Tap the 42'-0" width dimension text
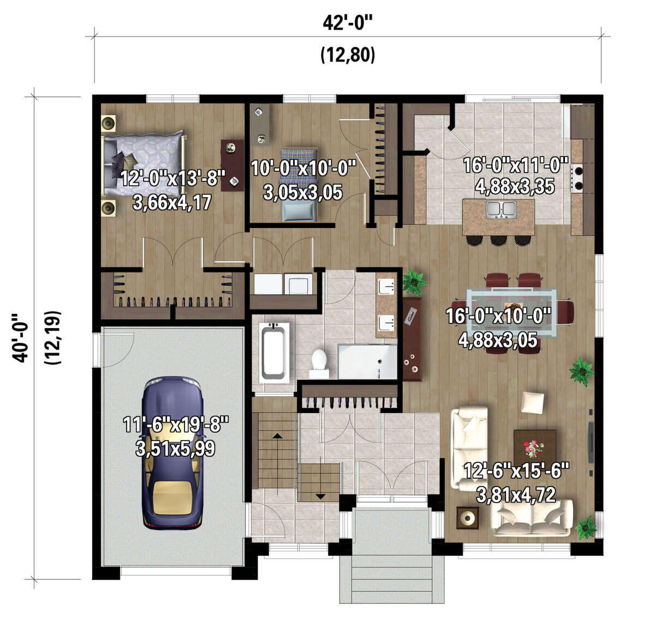347,23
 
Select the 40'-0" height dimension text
20,337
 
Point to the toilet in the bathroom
319,364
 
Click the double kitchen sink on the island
501,209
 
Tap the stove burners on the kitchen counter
577,178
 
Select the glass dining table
511,313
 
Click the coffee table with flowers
535,449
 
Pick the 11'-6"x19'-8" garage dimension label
176,425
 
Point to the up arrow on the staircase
277,436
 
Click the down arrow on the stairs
320,496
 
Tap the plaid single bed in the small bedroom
299,184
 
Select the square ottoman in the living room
532,403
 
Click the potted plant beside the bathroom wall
414,283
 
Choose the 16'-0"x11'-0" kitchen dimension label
515,165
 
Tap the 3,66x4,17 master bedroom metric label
172,202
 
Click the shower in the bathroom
367,361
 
